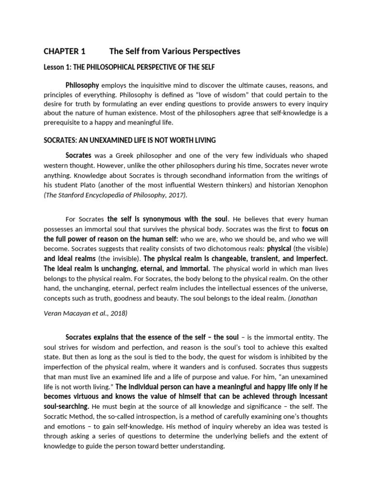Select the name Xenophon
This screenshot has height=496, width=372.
point(310,186)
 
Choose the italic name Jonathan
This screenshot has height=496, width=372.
point(304,299)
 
